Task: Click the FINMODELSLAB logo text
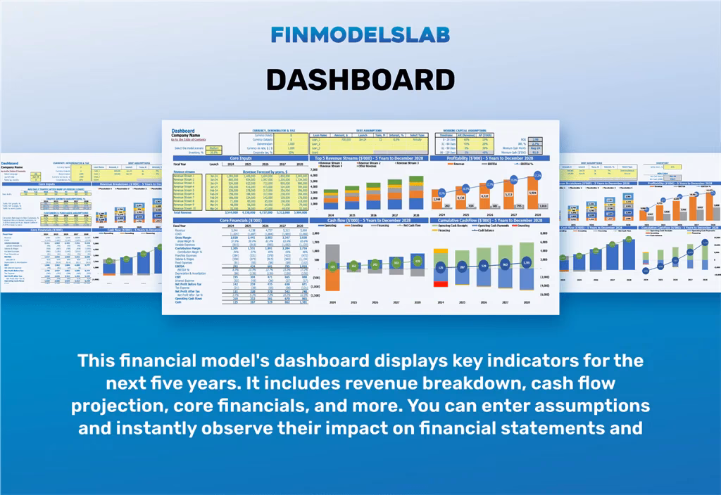coord(360,34)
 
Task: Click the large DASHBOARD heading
coord(360,79)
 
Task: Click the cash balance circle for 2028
coord(527,263)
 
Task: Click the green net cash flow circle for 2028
coord(418,262)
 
